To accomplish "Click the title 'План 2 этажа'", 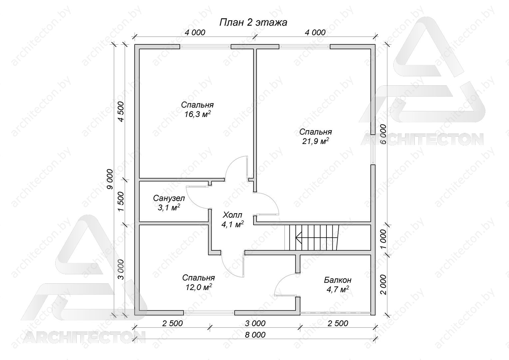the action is click(253, 23).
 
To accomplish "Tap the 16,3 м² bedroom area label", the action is click(197, 114).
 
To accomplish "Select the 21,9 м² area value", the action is click(315, 141).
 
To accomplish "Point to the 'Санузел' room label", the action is click(169, 198).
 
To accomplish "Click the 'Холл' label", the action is click(233, 214).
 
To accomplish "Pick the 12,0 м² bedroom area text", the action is click(199, 287).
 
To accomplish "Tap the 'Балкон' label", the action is click(338, 280).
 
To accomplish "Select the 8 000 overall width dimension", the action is click(255, 335).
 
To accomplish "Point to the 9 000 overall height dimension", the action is click(110, 179).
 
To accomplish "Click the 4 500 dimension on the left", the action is click(121, 112).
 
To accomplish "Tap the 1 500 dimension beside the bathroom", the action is click(121, 201).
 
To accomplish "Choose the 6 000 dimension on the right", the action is click(383, 134).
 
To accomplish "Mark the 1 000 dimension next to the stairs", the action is click(383, 239).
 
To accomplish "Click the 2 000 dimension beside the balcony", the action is click(383, 284).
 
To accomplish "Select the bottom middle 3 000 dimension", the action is click(255, 323).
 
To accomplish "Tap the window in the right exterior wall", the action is click(373, 149).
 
